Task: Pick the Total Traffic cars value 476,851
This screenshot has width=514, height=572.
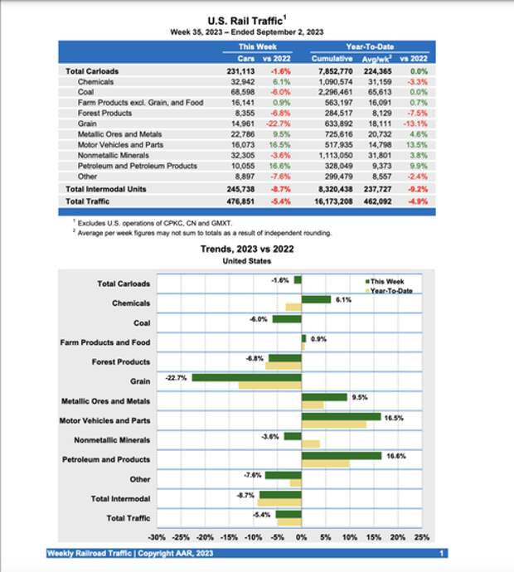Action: point(249,201)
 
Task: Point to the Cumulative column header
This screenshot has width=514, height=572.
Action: point(332,59)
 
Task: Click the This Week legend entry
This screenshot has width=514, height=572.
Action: point(388,282)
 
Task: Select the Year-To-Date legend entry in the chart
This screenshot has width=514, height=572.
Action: point(391,290)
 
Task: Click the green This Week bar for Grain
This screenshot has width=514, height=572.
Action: point(246,377)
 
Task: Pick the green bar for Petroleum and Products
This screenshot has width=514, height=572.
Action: point(342,455)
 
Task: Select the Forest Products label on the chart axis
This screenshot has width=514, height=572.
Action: point(121,361)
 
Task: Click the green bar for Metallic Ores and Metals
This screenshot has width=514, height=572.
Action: point(324,397)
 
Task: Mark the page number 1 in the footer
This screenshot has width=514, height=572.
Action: point(442,553)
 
